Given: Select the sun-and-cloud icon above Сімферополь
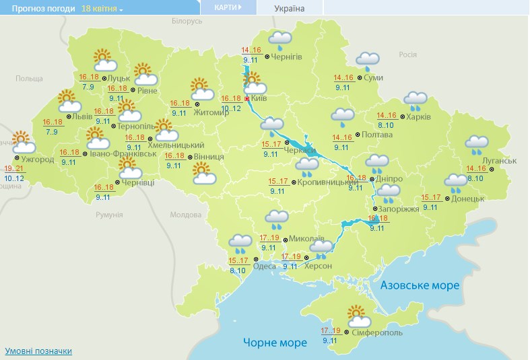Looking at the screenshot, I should click(358, 315).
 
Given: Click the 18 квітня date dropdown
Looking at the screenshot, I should click(102, 9).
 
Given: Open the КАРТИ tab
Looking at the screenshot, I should click(228, 7).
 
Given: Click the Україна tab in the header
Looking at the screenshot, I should click(290, 9).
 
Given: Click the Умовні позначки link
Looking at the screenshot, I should click(38, 351).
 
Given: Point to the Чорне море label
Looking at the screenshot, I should click(275, 343).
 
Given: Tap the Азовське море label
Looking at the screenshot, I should click(420, 285).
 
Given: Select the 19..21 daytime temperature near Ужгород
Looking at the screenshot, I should click(13, 168).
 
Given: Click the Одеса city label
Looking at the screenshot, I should click(264, 266).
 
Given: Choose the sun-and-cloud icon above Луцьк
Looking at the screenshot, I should click(104, 61).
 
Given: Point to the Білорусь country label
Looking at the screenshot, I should click(187, 22).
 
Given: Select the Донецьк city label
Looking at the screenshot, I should click(469, 199).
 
